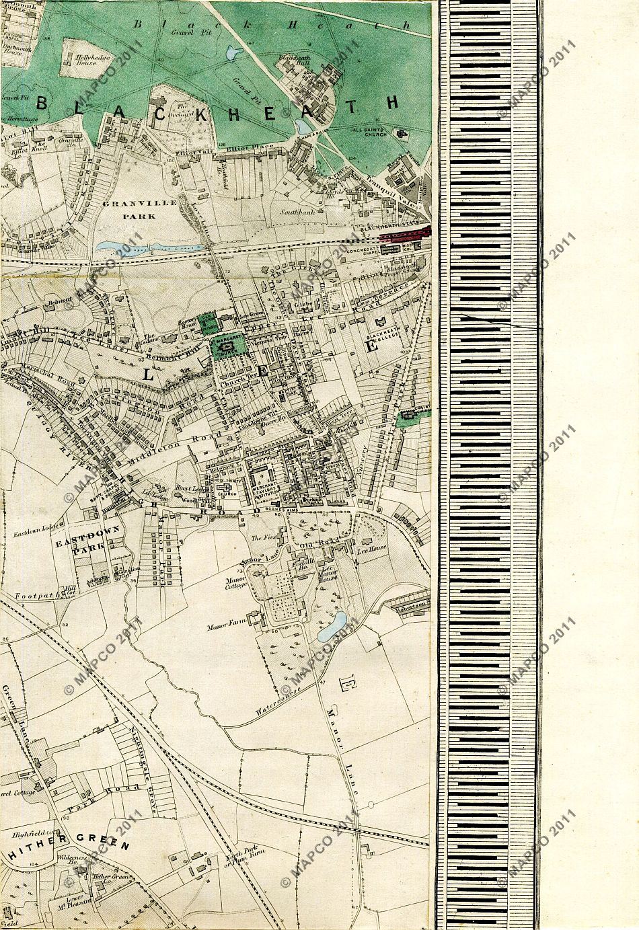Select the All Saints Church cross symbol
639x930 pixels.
click(403, 134)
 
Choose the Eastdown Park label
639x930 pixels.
click(87, 536)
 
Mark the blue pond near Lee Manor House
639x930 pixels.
click(334, 626)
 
